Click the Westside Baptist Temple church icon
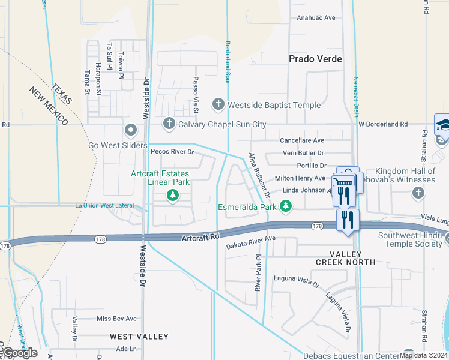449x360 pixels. click(218, 105)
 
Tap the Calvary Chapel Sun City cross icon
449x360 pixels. click(169, 124)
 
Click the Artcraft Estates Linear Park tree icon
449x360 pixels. click(173, 195)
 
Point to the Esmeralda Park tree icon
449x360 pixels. click(286, 207)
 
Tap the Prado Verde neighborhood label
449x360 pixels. click(315, 59)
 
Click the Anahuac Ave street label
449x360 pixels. click(316, 18)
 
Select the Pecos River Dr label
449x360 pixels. click(172, 152)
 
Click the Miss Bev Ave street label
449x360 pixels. click(116, 319)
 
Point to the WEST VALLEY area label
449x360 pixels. click(139, 337)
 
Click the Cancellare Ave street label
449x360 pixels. click(302, 140)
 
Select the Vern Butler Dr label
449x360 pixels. click(303, 153)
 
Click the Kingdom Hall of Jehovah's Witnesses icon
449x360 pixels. click(418, 193)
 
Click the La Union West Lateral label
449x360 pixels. click(104, 206)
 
